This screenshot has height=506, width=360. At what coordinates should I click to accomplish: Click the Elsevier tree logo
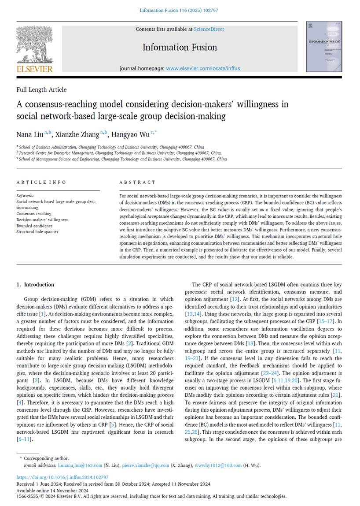coord(34,45)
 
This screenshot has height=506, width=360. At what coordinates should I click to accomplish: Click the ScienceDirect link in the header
coord(209,29)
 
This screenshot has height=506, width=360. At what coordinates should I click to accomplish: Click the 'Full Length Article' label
coord(41,90)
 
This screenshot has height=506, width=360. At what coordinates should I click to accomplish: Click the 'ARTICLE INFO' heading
coord(41,182)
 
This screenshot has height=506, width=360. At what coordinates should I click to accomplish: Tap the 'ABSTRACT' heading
coord(137,182)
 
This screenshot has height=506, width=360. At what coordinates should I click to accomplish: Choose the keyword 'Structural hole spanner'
coord(37,231)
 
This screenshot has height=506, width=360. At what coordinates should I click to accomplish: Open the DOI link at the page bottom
coord(62,477)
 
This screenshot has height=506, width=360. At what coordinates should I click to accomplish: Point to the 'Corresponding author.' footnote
coord(47,459)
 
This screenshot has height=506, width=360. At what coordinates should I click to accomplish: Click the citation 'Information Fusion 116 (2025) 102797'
coord(180,10)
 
